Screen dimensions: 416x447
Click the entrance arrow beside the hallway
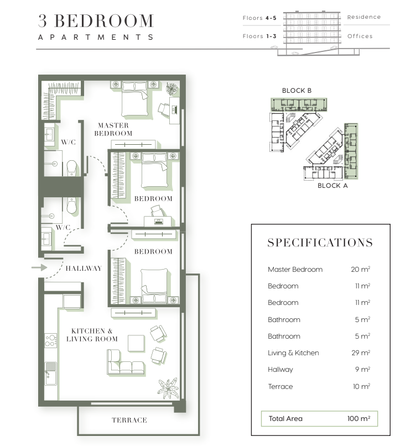[x=39, y=267]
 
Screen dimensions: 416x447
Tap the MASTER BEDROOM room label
[x=113, y=129]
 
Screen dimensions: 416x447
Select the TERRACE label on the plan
[x=129, y=420]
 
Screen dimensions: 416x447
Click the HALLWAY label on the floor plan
[x=84, y=269]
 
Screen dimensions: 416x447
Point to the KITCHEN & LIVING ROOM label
[x=92, y=335]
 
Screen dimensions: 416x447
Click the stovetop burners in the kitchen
[x=50, y=341]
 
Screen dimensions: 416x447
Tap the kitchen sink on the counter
[x=51, y=374]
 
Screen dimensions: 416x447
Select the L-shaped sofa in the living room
[x=125, y=362]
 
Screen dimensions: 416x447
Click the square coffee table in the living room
[x=136, y=343]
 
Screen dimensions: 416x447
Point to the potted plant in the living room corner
[x=168, y=388]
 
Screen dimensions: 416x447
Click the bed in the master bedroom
[x=134, y=99]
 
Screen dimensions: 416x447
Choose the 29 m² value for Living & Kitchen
[x=361, y=353]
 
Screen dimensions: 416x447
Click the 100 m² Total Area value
[x=358, y=418]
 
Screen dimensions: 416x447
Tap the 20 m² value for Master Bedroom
[x=361, y=270]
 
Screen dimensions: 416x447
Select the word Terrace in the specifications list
[x=280, y=387]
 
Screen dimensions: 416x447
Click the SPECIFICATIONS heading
[x=320, y=243]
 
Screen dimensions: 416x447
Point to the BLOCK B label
[x=297, y=91]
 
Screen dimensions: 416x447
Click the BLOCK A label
[x=332, y=186]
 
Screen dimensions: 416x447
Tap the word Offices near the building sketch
[x=360, y=36]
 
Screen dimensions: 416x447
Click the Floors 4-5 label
[x=259, y=18]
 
